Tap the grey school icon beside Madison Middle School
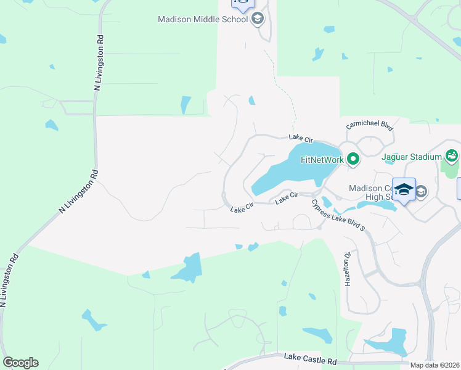[257, 19]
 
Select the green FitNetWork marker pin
[353, 160]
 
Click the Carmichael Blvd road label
[370, 125]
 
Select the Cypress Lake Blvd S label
[338, 215]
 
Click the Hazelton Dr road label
[348, 268]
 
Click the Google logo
[20, 363]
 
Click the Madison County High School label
[370, 194]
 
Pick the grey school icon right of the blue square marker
[421, 192]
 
